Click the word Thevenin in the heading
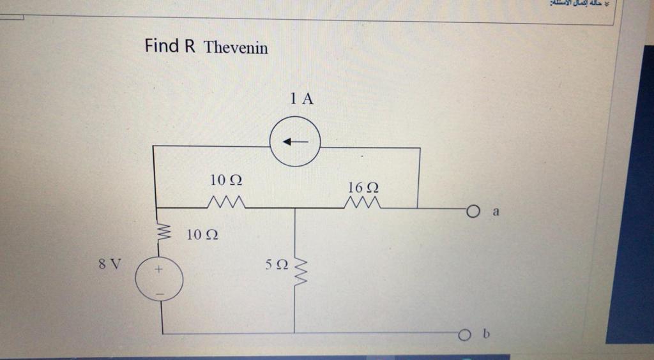[x=236, y=47]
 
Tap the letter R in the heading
[x=190, y=46]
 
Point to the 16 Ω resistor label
[x=363, y=187]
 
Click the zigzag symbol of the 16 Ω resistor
[x=363, y=204]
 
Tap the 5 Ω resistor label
[x=277, y=265]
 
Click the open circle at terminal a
[x=472, y=211]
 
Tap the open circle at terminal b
[x=464, y=334]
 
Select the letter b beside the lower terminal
[x=486, y=333]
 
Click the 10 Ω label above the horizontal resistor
[x=226, y=181]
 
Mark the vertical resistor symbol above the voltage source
[x=162, y=233]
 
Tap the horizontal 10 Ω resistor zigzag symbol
[x=225, y=203]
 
